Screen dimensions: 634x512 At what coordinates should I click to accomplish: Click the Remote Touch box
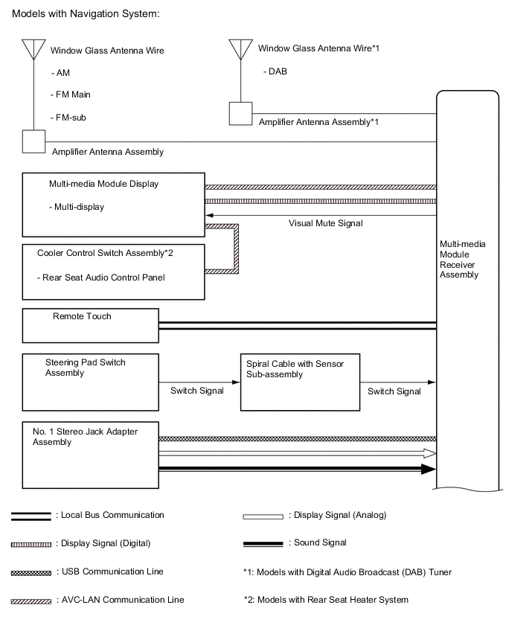point(91,324)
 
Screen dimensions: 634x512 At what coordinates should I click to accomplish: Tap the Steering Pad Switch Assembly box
point(91,382)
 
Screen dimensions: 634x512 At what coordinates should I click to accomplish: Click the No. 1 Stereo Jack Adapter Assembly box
point(91,454)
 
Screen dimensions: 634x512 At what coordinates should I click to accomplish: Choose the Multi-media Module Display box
point(113,204)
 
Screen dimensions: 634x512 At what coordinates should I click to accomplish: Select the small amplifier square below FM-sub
point(33,141)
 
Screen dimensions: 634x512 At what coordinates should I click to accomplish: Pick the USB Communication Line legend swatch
point(31,572)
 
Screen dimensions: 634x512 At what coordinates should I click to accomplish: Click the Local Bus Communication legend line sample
point(31,516)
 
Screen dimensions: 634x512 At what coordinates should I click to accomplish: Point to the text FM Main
point(73,95)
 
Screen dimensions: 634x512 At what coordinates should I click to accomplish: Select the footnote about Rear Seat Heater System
point(326,600)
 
